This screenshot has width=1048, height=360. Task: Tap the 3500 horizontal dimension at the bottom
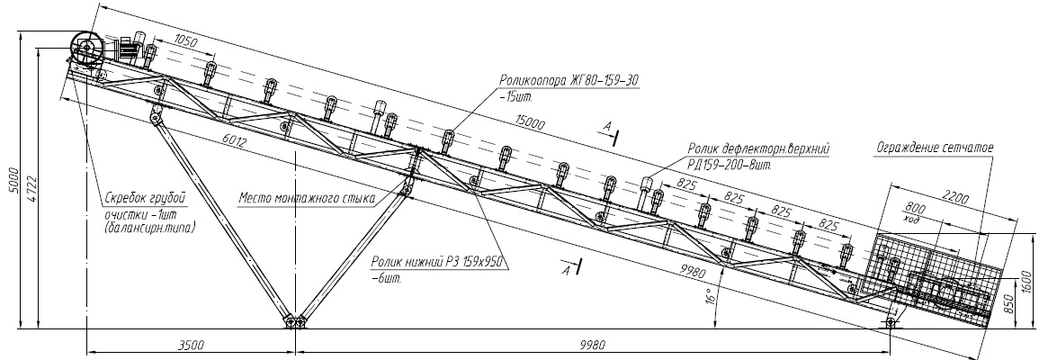pyautogui.click(x=191, y=344)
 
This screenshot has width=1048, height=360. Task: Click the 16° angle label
pyautogui.click(x=710, y=294)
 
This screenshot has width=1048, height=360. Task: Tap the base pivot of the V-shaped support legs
pyautogui.click(x=293, y=322)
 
